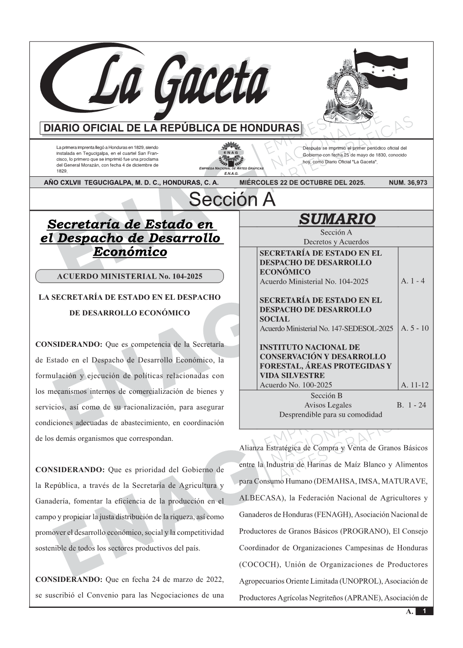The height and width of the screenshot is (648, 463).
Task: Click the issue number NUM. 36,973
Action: pyautogui.click(x=408, y=183)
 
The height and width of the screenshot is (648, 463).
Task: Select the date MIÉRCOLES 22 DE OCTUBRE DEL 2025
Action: pyautogui.click(x=302, y=183)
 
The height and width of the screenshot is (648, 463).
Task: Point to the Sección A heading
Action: pyautogui.click(x=232, y=200)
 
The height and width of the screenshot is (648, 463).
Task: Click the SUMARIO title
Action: pyautogui.click(x=337, y=219)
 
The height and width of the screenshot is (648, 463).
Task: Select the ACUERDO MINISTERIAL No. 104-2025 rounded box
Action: pyautogui.click(x=129, y=276)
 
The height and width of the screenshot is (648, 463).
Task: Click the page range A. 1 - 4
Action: pyautogui.click(x=413, y=281)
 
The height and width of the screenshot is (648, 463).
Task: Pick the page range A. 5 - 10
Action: pyautogui.click(x=414, y=328)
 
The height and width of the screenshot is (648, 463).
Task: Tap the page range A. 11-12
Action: pyautogui.click(x=414, y=385)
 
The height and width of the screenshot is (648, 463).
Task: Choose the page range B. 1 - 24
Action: pyautogui.click(x=411, y=405)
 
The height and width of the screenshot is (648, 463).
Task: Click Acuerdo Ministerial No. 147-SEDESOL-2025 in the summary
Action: pyautogui.click(x=326, y=329)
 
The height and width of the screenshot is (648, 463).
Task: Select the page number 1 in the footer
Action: pyautogui.click(x=424, y=611)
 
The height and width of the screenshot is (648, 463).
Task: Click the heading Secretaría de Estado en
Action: pyautogui.click(x=131, y=224)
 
